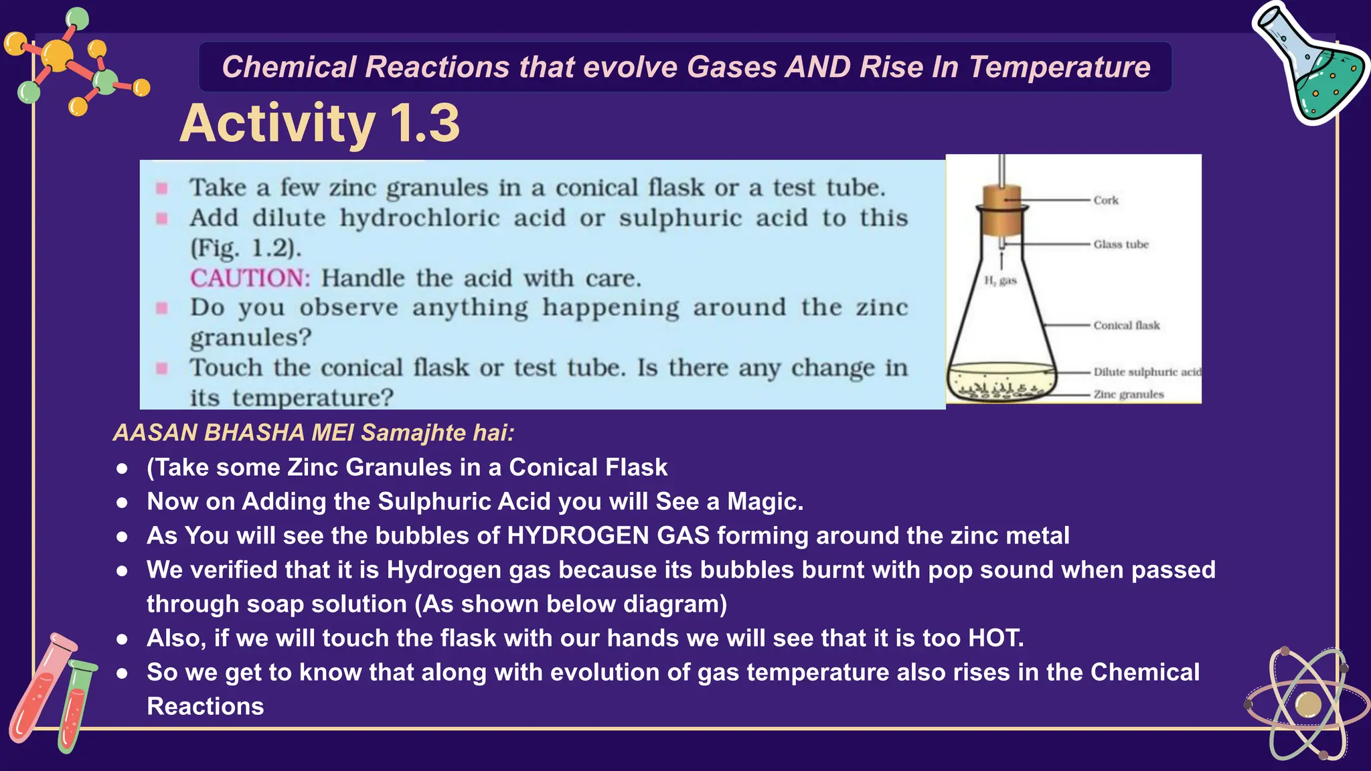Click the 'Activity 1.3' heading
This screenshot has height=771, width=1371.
coord(320,124)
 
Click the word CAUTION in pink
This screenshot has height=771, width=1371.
coord(250,278)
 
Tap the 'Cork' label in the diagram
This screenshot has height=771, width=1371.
coord(1106,200)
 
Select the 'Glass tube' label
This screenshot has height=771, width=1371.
coord(1121,244)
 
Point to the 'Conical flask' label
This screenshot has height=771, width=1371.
coord(1127,325)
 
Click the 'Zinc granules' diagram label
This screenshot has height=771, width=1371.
coord(1129,394)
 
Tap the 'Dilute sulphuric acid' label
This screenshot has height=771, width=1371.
coord(1147,371)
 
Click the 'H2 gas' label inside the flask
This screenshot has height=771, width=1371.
coord(1000,280)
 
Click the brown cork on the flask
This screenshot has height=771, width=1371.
coord(1001,207)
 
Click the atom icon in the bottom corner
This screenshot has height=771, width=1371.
coord(1307,704)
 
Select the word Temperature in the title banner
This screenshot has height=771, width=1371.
coord(1060,67)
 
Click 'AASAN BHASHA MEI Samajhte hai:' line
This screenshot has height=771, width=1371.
coord(313,432)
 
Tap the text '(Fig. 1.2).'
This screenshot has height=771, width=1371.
coord(246,248)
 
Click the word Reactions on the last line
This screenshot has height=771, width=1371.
coord(205,706)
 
